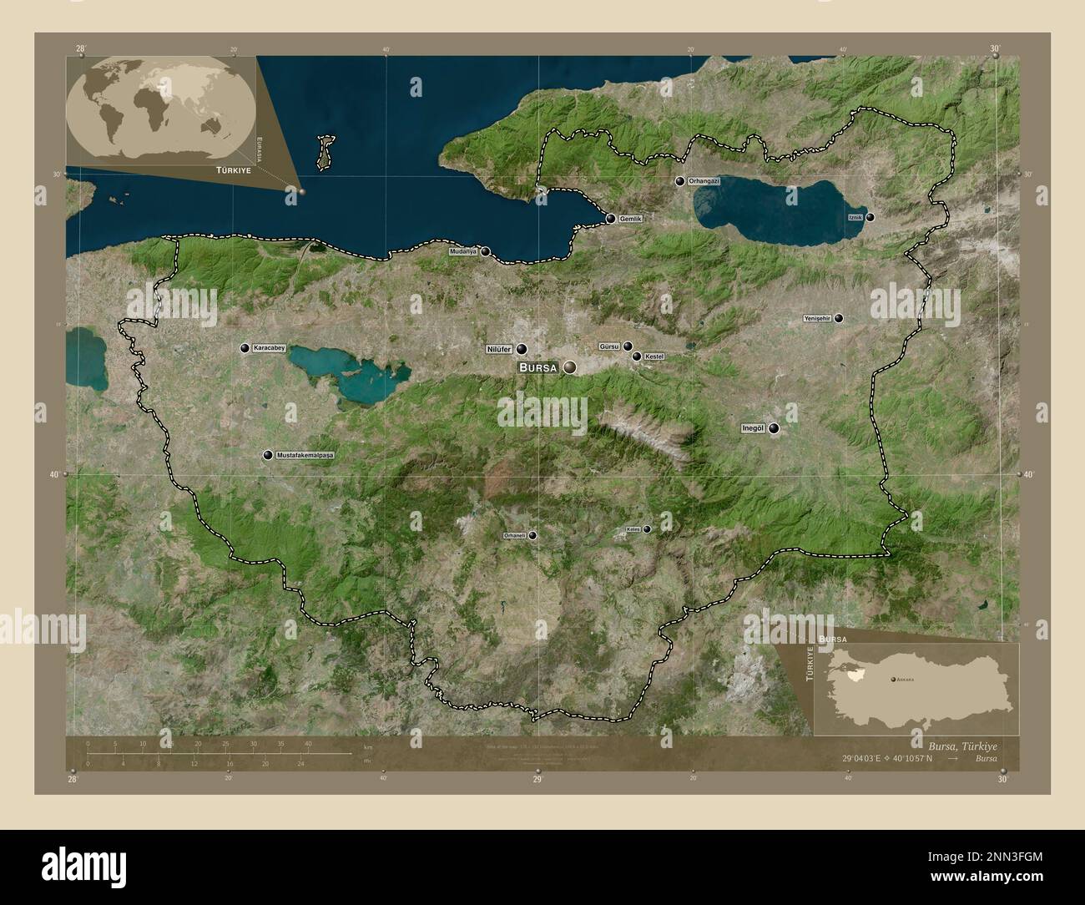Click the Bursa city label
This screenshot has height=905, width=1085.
click(x=540, y=367)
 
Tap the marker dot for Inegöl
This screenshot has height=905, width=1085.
click(x=775, y=429)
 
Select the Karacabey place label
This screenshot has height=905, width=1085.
click(x=269, y=348)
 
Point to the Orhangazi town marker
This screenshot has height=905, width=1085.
click(x=680, y=181)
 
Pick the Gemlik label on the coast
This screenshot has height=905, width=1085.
click(x=630, y=219)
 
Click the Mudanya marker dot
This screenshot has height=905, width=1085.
click(x=485, y=250)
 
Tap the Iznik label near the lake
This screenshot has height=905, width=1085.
click(x=854, y=217)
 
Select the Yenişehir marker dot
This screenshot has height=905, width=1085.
click(x=839, y=318)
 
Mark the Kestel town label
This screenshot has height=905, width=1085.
click(x=654, y=356)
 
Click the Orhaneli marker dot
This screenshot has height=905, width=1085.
click(x=532, y=535)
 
